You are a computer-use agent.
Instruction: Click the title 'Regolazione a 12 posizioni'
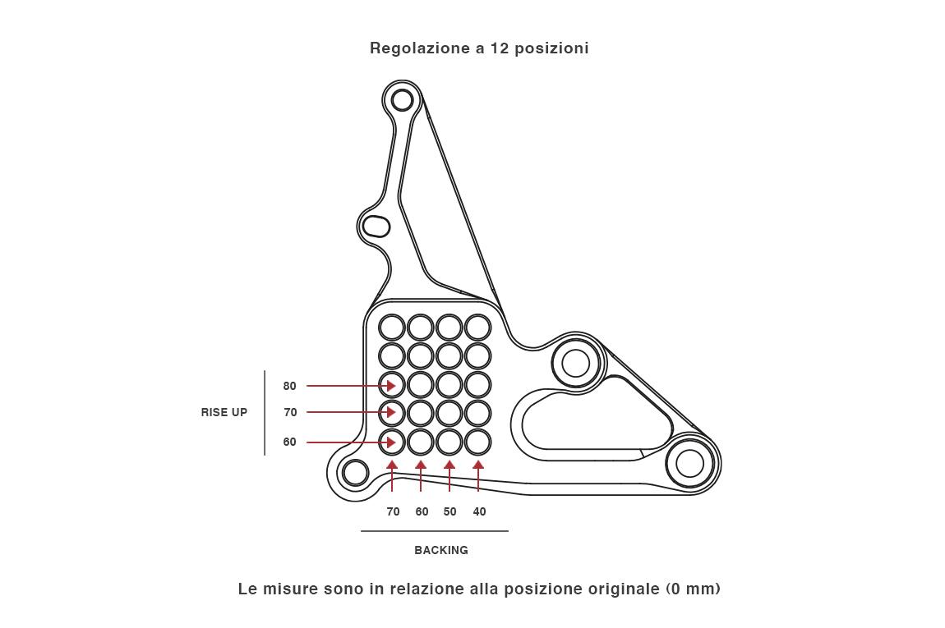[479, 48]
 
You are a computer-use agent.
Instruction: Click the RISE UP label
[224, 412]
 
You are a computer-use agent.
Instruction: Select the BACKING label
[441, 550]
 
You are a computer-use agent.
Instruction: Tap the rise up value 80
[289, 386]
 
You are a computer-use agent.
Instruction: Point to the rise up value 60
[289, 442]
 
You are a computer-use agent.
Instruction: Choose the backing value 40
[479, 511]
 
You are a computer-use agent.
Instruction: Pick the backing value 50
[449, 511]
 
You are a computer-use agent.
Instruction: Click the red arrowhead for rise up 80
[391, 386]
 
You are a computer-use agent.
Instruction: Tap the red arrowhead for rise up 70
[391, 412]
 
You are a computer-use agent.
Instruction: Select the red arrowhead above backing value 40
[478, 465]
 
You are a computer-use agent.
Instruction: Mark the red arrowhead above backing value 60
[421, 465]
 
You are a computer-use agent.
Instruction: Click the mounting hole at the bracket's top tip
[402, 100]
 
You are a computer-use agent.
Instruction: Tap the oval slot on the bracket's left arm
[376, 226]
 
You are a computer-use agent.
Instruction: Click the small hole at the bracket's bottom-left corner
[355, 472]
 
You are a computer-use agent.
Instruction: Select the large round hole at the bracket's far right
[689, 464]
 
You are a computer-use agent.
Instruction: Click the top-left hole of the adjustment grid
[392, 328]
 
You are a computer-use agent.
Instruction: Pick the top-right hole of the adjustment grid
[478, 328]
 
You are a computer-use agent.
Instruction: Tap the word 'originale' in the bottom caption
[621, 589]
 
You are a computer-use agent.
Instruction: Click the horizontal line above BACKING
[434, 531]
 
